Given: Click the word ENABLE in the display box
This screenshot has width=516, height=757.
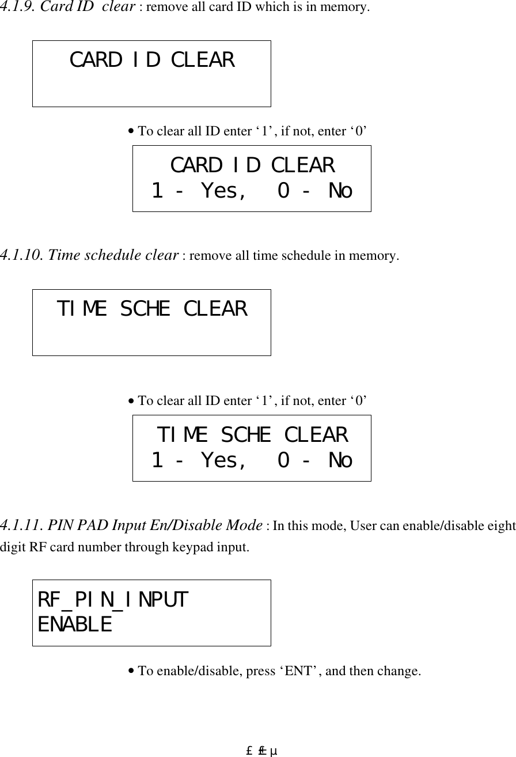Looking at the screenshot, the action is tap(75, 624).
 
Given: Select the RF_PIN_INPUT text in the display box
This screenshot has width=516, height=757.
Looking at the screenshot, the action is tap(113, 600).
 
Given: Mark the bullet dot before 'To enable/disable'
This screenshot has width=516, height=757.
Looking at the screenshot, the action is tap(132, 672).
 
